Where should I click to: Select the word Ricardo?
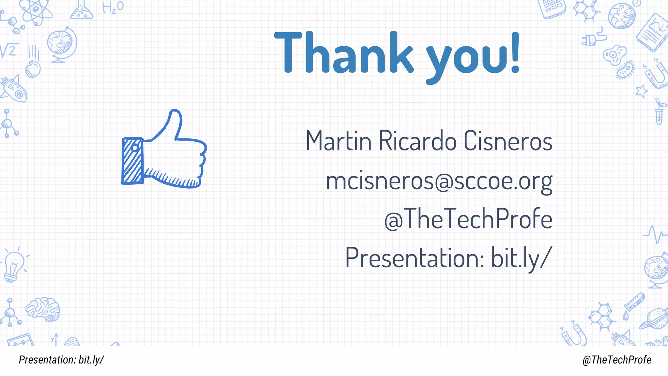coord(417,141)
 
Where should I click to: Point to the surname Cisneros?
coord(508,141)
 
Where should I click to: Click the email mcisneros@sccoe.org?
coord(439,181)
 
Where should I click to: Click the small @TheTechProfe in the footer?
coord(617,360)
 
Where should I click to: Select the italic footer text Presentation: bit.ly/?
coord(61,360)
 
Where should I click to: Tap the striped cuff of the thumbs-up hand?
coord(132,161)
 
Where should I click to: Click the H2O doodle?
coord(113,7)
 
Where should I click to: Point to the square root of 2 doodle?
coord(8,50)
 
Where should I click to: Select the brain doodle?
coord(43,309)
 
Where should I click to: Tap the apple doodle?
coord(33,69)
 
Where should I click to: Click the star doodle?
coord(642,90)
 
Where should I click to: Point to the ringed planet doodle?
coord(654,318)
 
